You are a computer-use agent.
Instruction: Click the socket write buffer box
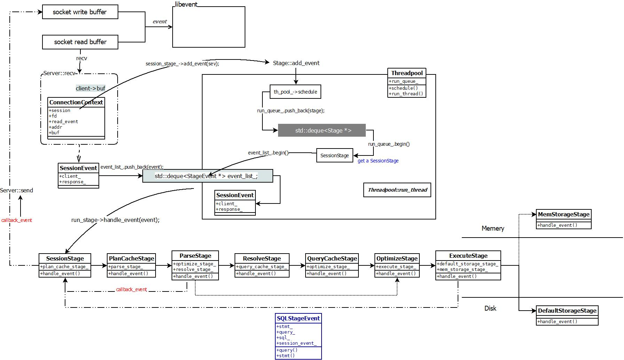80,12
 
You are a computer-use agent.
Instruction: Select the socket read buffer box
80,42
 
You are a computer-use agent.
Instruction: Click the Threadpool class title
407,73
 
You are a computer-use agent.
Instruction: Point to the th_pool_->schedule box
295,92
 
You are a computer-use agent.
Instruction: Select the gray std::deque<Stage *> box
322,130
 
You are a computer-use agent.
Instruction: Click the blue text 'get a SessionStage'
378,161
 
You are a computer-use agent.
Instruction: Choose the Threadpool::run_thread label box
397,190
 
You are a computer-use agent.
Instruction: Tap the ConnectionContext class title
76,102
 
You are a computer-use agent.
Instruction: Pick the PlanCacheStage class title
131,258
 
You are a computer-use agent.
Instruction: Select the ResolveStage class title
262,258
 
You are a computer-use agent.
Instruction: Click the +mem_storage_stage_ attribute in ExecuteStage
463,269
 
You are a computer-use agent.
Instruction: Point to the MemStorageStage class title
563,214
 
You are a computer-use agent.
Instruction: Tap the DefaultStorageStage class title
567,311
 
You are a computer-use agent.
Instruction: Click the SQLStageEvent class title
298,318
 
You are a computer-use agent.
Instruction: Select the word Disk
490,308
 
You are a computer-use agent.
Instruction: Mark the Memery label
493,228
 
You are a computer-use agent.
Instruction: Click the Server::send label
17,190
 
